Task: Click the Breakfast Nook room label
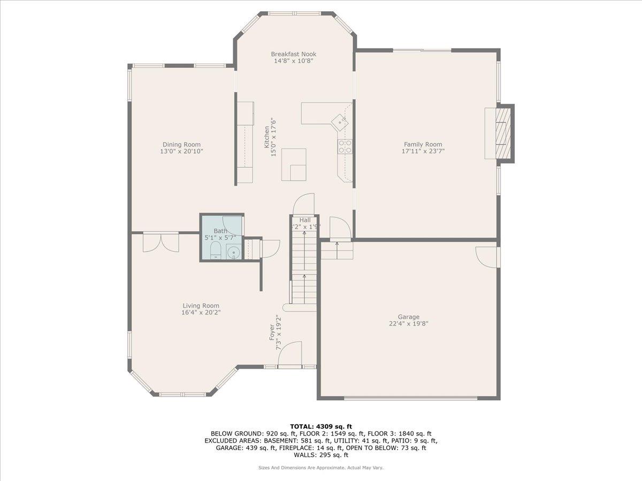tap(293, 54)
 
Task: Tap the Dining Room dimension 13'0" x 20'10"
tap(181, 152)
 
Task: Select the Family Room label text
tap(423, 144)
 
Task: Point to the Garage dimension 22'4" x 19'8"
tap(408, 323)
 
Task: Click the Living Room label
tap(201, 306)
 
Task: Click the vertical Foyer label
tap(271, 332)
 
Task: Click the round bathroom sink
tap(234, 252)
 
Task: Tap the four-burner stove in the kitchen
tap(345, 146)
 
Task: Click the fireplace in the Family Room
tap(503, 133)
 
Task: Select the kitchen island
tap(294, 165)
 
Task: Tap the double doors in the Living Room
tap(161, 242)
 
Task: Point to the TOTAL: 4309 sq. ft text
tap(321, 426)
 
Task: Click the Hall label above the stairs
tap(305, 220)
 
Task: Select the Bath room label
tap(220, 231)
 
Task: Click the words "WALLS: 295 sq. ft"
tap(321, 455)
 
